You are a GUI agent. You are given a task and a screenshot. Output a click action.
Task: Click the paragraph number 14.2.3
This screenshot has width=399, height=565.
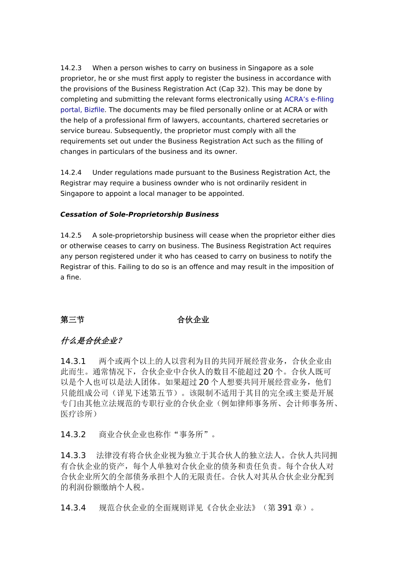point(71,68)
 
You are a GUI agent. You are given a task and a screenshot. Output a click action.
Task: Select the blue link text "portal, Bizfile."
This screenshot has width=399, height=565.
point(83,110)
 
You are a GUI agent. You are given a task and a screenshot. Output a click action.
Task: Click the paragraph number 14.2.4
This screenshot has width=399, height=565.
point(71,172)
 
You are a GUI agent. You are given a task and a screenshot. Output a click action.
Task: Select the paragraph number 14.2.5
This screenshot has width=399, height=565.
point(71,235)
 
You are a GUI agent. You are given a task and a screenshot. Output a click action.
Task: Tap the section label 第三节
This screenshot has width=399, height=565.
point(72,320)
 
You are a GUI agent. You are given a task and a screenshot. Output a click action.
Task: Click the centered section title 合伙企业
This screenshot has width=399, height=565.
point(193,320)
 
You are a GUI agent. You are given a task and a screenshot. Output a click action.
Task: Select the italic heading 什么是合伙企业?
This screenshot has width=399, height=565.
point(91,341)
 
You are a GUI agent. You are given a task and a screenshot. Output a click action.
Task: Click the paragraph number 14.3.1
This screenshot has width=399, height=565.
point(73,362)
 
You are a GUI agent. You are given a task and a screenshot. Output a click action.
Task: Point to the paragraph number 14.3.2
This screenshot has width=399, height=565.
point(73,435)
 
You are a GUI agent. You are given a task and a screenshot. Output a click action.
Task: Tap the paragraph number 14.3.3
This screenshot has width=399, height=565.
point(73,456)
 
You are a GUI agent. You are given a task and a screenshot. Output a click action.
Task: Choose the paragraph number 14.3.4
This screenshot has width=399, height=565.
point(73,508)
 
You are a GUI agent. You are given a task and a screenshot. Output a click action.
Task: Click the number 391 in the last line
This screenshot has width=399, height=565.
point(285,508)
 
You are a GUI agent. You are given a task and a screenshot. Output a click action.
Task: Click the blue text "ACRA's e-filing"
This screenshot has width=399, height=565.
point(309,99)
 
